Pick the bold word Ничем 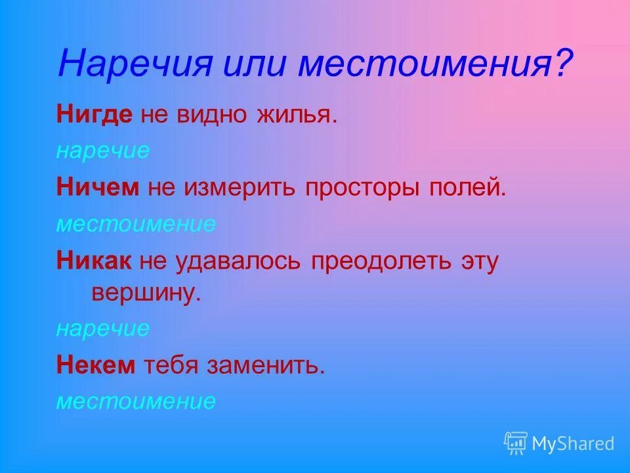tap(98, 188)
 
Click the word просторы tap(364, 189)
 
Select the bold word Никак tap(95, 261)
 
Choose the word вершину tap(145, 292)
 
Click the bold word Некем tap(95, 365)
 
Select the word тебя tap(171, 365)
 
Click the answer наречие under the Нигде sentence tap(102, 152)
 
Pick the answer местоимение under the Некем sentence tap(135, 401)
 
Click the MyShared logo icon tap(516, 443)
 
